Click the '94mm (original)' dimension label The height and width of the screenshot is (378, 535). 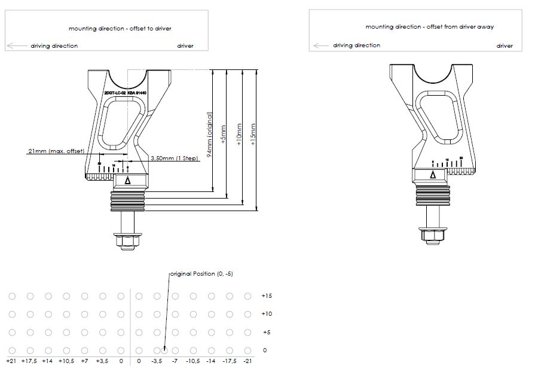(210, 135)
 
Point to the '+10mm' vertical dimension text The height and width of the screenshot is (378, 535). (239, 135)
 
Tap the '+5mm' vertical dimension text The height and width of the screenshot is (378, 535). (224, 135)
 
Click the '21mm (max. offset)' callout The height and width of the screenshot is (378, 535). (55, 151)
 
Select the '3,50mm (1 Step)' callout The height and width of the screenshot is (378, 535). (170, 158)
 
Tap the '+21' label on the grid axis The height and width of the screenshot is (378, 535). (11, 361)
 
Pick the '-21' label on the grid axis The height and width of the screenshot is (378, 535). (247, 361)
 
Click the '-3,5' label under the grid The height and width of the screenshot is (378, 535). (157, 361)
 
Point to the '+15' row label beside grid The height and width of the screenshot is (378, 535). (267, 296)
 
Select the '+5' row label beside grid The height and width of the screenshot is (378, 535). (267, 332)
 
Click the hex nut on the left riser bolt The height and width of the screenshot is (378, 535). (128, 241)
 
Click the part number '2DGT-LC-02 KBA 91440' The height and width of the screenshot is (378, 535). (126, 94)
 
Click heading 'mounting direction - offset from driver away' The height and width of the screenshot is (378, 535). (429, 27)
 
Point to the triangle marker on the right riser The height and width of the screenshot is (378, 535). (432, 175)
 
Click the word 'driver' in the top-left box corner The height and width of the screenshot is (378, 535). (185, 46)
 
